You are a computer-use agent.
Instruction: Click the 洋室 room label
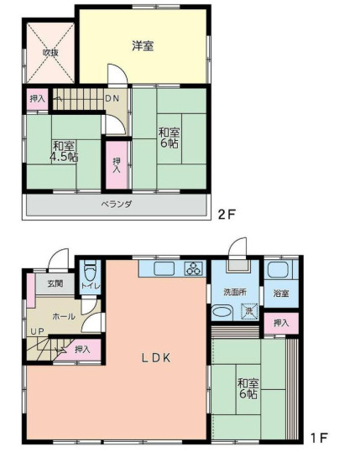143,46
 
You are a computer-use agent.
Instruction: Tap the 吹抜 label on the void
51,52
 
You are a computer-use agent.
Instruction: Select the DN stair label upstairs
112,98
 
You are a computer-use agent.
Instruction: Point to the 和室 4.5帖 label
63,150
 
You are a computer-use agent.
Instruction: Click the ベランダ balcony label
116,204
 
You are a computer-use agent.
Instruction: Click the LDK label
155,358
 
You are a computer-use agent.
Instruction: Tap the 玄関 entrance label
55,283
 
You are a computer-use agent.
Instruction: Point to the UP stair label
38,332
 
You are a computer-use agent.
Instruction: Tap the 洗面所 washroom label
234,292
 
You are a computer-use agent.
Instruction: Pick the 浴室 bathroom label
280,293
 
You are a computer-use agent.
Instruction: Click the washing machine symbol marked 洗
248,312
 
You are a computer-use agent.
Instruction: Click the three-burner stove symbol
194,269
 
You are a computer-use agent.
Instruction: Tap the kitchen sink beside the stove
162,269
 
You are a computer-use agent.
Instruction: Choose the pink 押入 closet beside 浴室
280,323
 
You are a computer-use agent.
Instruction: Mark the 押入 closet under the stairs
82,349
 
